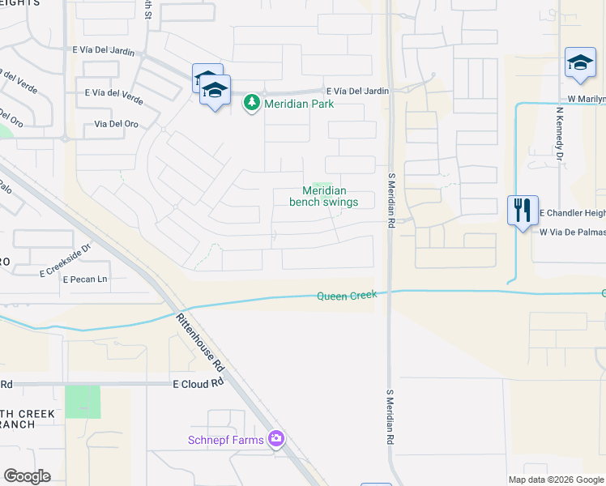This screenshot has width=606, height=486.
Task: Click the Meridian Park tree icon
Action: click(x=252, y=103)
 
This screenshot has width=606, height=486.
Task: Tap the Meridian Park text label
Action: click(x=297, y=104)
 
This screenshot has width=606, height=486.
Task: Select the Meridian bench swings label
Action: click(x=324, y=196)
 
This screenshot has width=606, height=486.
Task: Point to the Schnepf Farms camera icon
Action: click(x=277, y=438)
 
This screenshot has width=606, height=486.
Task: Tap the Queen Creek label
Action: click(x=347, y=296)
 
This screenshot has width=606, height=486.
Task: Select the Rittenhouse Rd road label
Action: click(x=200, y=339)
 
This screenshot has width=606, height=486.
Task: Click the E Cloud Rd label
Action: click(x=198, y=384)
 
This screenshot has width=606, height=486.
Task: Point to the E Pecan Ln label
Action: click(x=85, y=279)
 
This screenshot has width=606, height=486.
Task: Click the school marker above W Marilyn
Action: click(x=581, y=64)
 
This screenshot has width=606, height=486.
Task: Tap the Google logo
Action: click(x=27, y=476)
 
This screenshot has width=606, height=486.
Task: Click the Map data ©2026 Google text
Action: click(x=556, y=480)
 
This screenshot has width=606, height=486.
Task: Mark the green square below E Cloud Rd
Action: click(x=83, y=402)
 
